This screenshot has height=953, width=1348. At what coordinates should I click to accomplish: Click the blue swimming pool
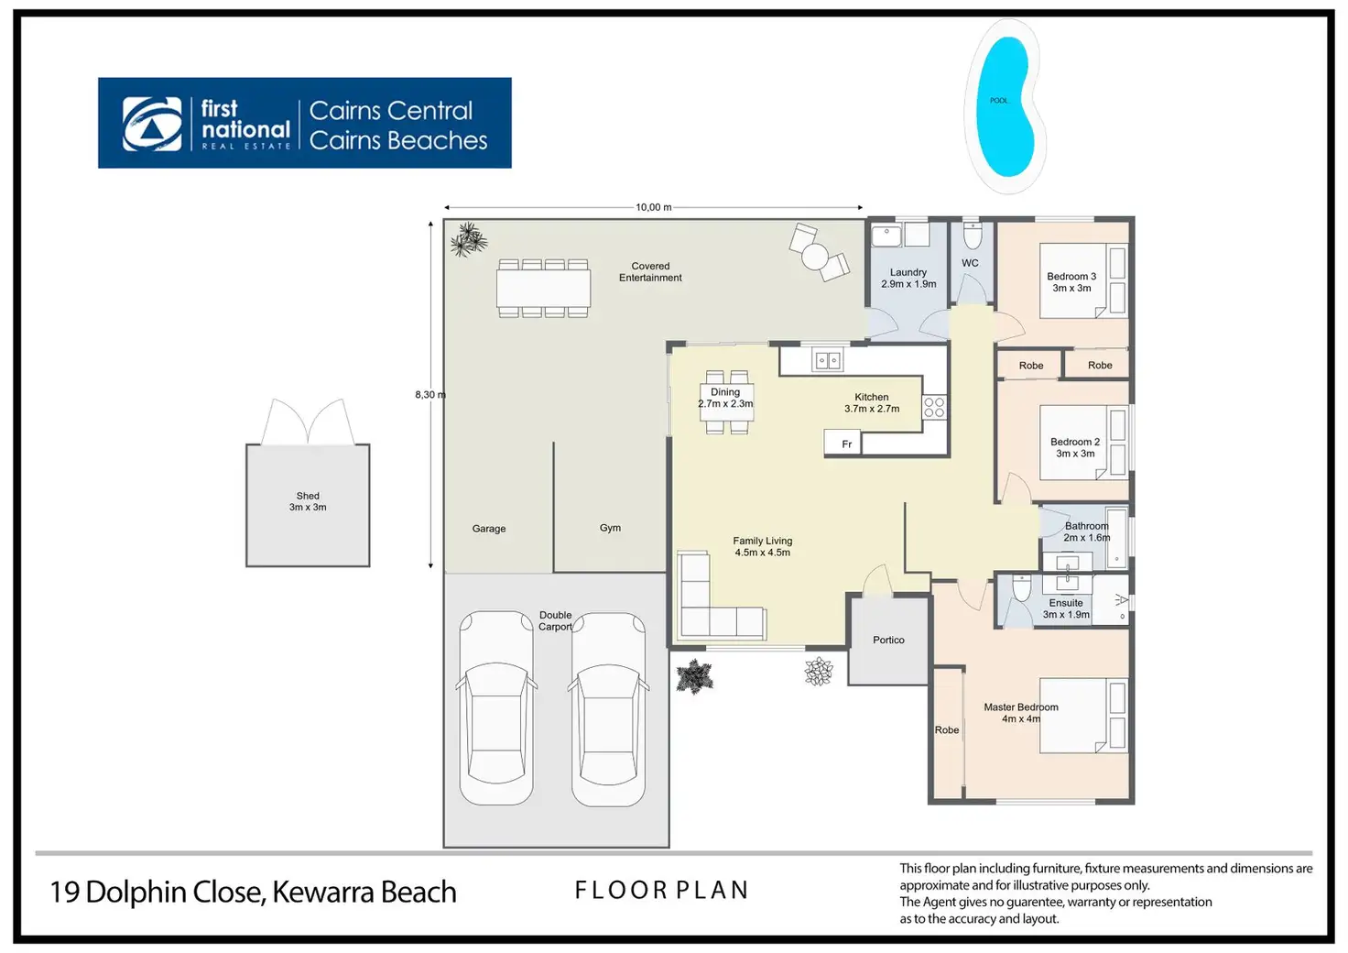[1006, 106]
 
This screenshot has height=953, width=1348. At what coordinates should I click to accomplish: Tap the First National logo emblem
[152, 124]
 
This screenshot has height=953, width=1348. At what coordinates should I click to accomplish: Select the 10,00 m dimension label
[654, 207]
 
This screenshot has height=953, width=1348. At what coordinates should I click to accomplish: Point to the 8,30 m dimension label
[430, 395]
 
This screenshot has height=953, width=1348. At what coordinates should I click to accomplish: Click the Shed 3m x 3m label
[308, 501]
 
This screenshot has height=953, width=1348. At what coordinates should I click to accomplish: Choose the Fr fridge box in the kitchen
[842, 442]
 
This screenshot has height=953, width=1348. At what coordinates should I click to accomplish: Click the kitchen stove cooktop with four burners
[934, 406]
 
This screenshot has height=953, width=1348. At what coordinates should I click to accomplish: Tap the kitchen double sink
[828, 360]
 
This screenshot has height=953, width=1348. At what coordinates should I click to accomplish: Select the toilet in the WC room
[973, 236]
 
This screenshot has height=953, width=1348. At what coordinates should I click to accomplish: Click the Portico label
[888, 640]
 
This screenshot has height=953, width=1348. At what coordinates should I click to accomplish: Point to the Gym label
[610, 528]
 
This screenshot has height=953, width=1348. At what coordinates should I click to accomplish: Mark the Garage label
[489, 529]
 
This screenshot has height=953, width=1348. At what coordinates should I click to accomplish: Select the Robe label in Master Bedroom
[947, 729]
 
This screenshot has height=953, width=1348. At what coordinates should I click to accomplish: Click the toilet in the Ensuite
[1022, 588]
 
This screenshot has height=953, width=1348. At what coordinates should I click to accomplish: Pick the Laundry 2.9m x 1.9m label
[908, 279]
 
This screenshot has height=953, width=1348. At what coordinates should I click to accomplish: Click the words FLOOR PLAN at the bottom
[661, 891]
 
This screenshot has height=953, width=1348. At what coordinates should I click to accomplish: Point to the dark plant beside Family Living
[694, 676]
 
